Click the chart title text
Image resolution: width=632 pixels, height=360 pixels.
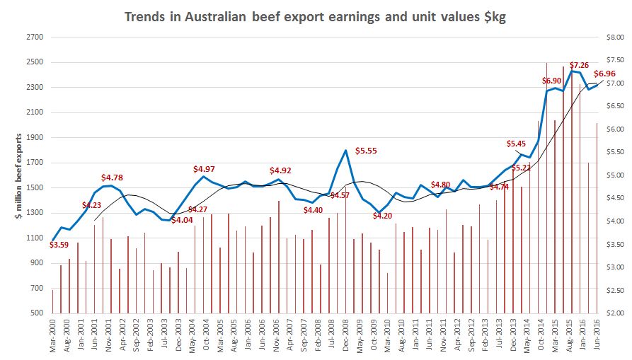coord(315,16)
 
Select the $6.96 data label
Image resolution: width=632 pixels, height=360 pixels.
coord(604,74)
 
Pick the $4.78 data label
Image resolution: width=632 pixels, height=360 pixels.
coord(113,177)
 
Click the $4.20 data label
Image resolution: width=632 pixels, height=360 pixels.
coord(382,216)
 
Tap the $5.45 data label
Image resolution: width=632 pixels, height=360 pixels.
coord(518,144)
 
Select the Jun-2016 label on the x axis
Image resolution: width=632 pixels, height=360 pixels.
coord(598,335)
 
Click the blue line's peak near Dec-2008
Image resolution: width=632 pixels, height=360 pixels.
coord(345,150)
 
